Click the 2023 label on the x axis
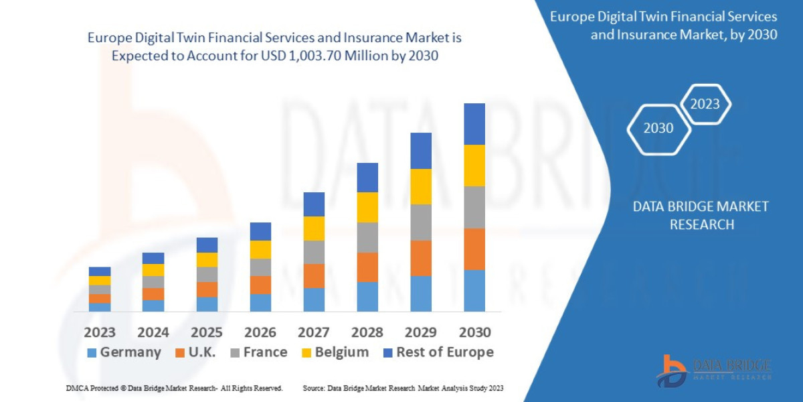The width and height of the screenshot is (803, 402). [100, 332]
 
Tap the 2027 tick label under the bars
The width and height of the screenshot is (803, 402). [314, 332]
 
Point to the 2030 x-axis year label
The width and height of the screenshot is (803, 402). [474, 332]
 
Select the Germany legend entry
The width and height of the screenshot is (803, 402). [124, 352]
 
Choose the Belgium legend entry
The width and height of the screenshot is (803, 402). [335, 352]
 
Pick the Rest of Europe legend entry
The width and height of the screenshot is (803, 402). [438, 352]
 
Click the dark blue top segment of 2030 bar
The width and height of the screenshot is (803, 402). [474, 124]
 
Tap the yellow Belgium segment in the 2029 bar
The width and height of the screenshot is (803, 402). [421, 186]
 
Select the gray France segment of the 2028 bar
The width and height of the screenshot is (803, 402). [367, 237]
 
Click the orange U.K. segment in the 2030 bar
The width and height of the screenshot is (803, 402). [474, 249]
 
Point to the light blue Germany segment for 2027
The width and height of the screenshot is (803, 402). [314, 299]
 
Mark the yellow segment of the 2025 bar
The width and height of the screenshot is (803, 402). [207, 260]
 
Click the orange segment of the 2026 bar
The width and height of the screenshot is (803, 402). [260, 285]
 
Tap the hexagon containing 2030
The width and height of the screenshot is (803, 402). [658, 129]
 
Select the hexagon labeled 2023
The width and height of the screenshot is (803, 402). [705, 104]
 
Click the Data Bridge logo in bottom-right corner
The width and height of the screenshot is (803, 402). [713, 370]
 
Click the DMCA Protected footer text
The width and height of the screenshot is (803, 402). [174, 388]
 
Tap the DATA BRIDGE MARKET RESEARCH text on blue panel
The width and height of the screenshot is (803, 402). [701, 215]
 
